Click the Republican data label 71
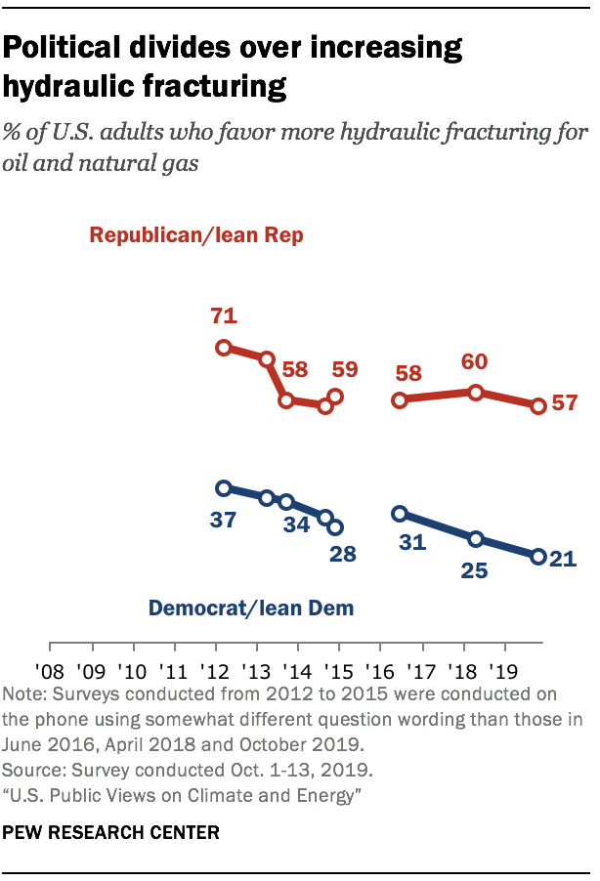tap(224, 317)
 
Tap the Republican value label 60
tap(474, 362)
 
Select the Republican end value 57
tap(565, 402)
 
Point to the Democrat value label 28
tap(343, 555)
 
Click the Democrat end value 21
tap(564, 560)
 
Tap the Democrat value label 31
tap(413, 540)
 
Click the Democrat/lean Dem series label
tap(250, 608)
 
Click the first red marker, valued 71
tap(224, 348)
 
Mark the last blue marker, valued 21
tap(537, 557)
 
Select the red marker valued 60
tap(476, 393)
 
